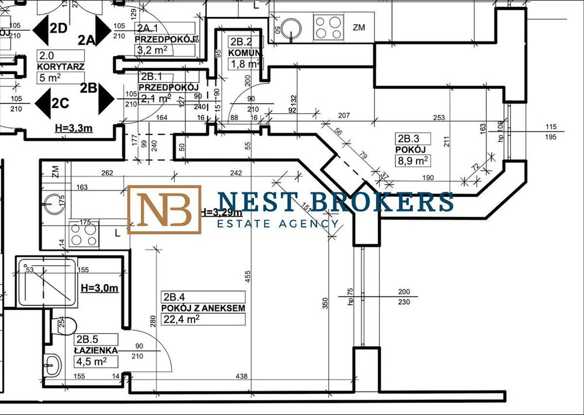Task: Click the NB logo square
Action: click(x=165, y=210)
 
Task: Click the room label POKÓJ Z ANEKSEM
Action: click(x=203, y=308)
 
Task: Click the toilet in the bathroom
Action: click(x=66, y=325)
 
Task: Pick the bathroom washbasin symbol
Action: click(x=53, y=366)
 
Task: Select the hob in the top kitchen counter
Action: click(x=328, y=27)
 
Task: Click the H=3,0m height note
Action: click(x=100, y=288)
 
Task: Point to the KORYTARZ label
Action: click(x=61, y=67)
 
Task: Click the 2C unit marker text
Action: click(x=60, y=103)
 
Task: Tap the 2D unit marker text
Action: click(x=58, y=27)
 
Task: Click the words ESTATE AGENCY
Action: click(x=277, y=223)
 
